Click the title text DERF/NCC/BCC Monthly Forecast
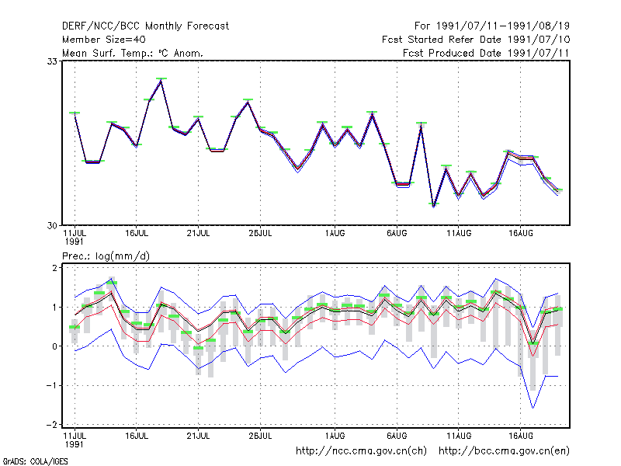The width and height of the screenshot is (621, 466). (x=145, y=26)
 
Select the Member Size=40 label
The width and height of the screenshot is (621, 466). (x=104, y=40)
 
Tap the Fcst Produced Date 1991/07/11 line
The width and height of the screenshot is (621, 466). (x=486, y=53)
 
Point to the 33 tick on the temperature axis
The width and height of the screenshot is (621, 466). (x=52, y=61)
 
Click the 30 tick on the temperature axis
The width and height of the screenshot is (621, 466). (x=52, y=225)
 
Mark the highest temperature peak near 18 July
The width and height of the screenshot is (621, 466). (x=161, y=80)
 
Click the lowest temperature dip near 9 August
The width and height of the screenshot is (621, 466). (x=434, y=205)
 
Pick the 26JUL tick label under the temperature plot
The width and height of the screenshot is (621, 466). (x=260, y=234)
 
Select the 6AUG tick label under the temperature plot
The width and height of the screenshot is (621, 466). (x=397, y=234)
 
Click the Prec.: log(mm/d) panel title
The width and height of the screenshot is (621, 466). (x=106, y=256)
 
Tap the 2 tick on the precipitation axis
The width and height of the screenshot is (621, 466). (x=54, y=268)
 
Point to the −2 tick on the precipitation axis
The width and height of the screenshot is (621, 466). (x=52, y=425)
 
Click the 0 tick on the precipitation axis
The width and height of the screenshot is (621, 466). (x=54, y=346)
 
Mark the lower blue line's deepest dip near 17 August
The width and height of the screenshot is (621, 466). (x=533, y=407)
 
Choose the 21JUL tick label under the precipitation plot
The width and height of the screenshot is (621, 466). (x=198, y=436)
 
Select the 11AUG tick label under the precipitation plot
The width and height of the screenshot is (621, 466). (x=459, y=436)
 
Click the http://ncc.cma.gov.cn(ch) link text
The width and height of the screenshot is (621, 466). (x=361, y=451)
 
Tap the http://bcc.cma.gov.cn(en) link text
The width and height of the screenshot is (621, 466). (x=504, y=451)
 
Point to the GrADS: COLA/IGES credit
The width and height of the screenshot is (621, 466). (x=35, y=461)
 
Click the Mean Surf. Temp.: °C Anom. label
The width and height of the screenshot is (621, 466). (x=133, y=53)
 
